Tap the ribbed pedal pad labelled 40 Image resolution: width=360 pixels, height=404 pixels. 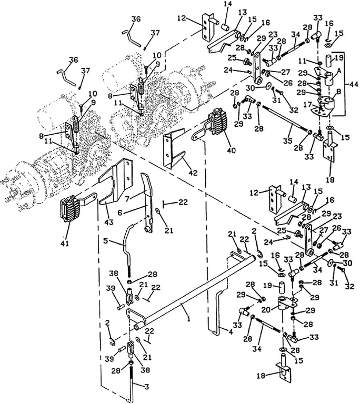coord(217,123)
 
